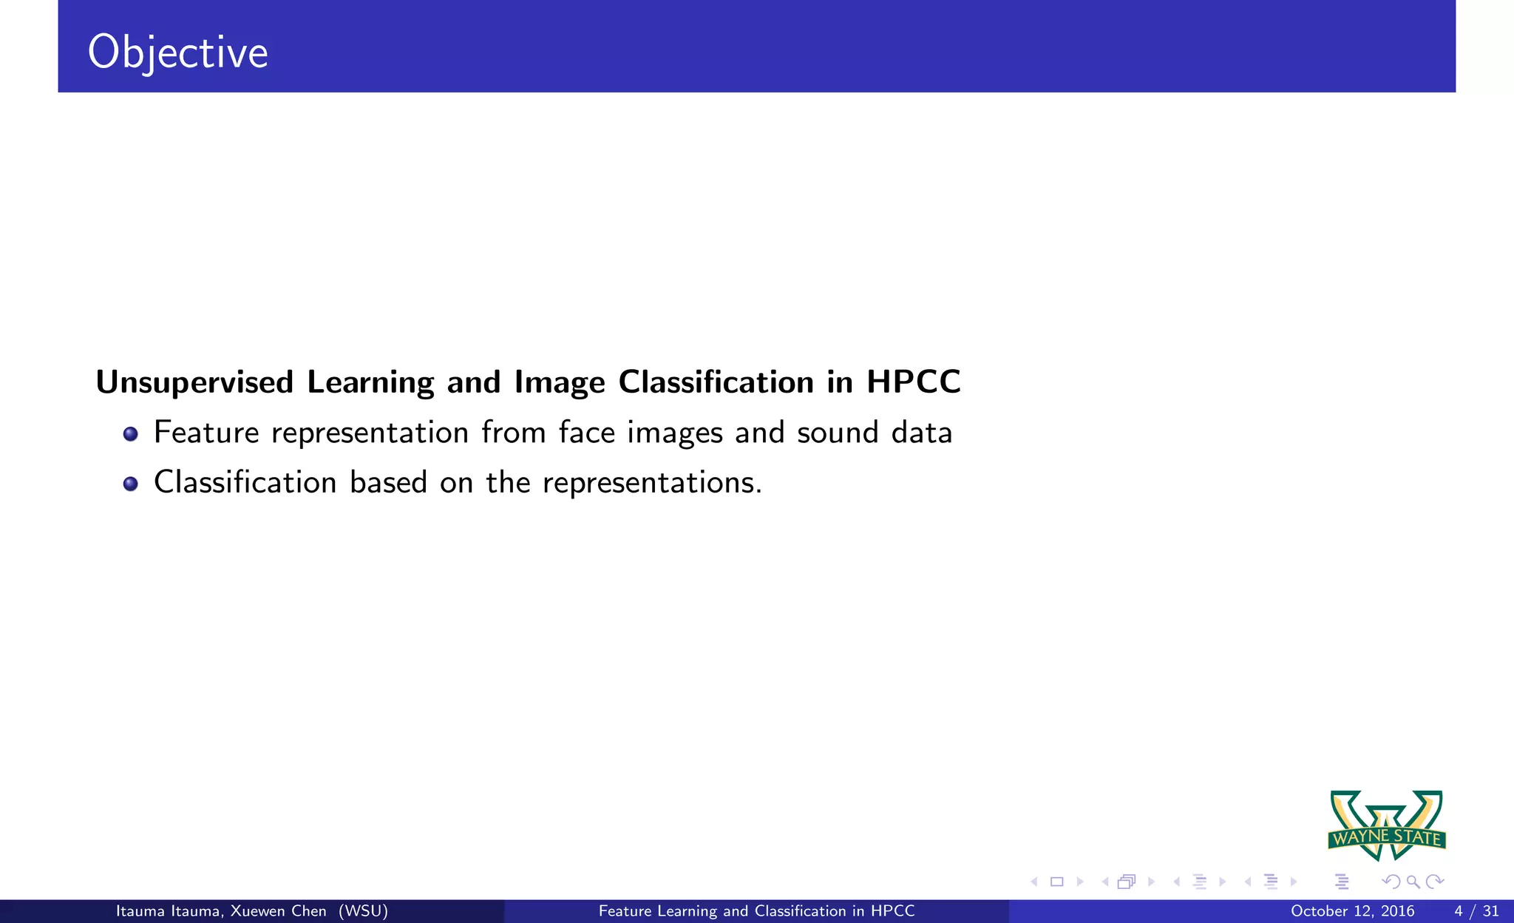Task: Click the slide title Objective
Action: [177, 53]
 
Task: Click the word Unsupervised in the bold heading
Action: [194, 382]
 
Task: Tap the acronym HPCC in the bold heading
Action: [913, 382]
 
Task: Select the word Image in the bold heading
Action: [560, 382]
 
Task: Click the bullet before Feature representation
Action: [131, 434]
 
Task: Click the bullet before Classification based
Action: [131, 484]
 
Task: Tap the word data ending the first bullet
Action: [922, 433]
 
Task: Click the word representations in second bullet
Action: [651, 483]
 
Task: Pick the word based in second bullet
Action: [388, 482]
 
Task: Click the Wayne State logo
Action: [1387, 825]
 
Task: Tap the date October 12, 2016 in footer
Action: [1352, 911]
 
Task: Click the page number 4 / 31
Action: [1476, 911]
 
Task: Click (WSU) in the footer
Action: [363, 911]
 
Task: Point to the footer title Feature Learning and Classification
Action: [756, 911]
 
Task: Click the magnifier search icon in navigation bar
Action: [1413, 882]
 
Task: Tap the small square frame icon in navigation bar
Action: [1057, 882]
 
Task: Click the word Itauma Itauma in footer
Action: [167, 911]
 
